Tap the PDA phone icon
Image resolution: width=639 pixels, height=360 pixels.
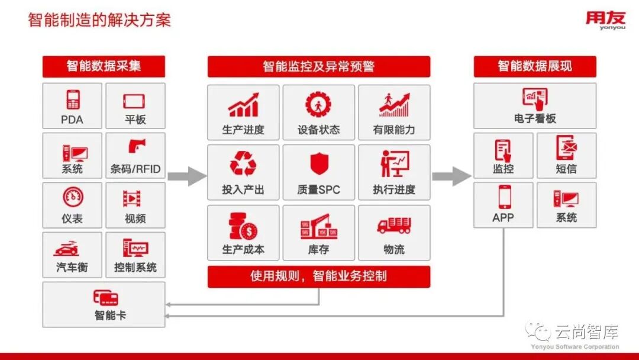tap(73, 99)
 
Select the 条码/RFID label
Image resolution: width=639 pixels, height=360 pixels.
tap(135, 169)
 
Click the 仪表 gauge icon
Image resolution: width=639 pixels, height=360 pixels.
tap(73, 197)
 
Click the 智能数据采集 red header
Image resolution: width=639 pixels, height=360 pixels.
tap(104, 66)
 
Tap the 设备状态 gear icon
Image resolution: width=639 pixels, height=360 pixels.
tap(318, 105)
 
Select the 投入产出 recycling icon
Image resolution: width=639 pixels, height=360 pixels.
tap(243, 164)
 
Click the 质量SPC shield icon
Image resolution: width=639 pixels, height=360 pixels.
tap(318, 164)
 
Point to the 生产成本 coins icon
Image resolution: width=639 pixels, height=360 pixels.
tap(243, 226)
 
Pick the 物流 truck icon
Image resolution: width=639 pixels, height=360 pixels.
tap(394, 225)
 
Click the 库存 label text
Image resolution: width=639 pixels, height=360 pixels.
tap(318, 250)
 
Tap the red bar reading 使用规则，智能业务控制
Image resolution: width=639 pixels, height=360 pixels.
tap(318, 277)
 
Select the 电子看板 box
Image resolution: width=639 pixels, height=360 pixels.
tap(535, 105)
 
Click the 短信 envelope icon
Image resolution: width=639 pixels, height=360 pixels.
tap(566, 147)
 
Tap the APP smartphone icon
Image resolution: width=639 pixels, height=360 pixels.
tap(504, 197)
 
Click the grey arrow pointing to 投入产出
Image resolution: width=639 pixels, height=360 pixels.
tap(187, 176)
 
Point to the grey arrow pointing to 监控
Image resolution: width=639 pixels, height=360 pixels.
tap(451, 176)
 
